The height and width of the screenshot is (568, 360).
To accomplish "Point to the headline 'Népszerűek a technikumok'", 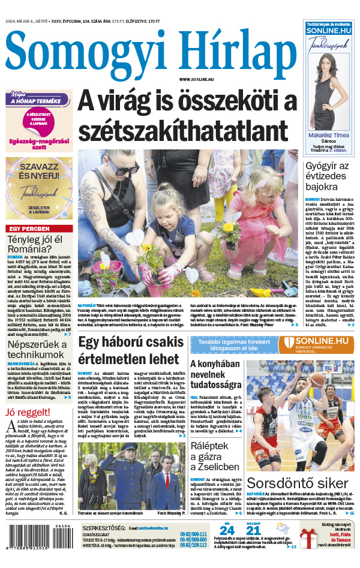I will point(36,347).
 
